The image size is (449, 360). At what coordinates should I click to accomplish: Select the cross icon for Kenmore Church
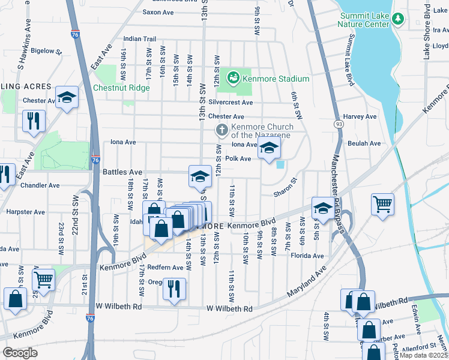pos(221,130)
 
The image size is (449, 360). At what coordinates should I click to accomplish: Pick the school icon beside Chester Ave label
pos(67,97)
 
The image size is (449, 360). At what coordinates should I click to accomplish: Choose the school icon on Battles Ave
pos(200,176)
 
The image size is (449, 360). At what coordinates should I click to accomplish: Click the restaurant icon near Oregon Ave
pos(174,288)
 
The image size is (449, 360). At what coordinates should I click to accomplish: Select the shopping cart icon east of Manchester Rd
pos(382,205)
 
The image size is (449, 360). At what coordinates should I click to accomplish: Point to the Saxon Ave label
pos(158,12)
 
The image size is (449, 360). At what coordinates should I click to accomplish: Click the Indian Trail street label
pos(139,39)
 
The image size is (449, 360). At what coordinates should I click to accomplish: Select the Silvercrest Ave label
pos(231,103)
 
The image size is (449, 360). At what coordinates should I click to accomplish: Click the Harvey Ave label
pos(359,116)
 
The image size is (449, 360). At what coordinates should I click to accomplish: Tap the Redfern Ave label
pos(169,267)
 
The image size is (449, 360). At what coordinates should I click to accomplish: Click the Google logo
pos(20,352)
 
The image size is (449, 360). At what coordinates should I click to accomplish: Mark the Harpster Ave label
pos(25,212)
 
